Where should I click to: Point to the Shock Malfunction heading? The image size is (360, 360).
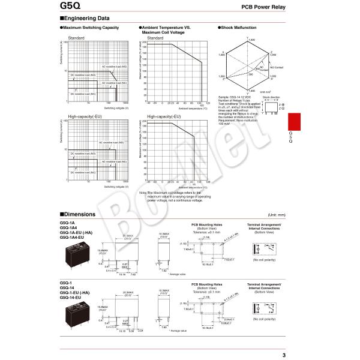(x=239, y=28)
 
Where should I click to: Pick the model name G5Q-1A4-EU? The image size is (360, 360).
(x=73, y=237)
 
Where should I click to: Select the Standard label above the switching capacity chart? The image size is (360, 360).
(x=76, y=38)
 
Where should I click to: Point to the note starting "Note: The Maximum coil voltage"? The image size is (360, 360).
(x=175, y=196)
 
